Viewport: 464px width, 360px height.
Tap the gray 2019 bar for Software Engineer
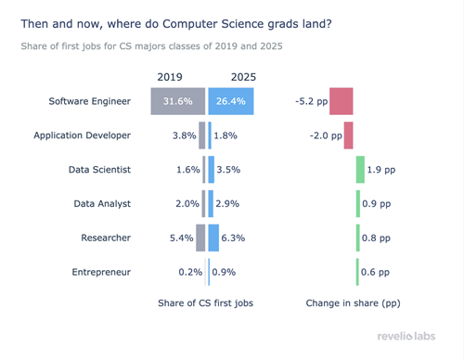point(177,101)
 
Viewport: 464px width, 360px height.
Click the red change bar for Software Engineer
point(341,101)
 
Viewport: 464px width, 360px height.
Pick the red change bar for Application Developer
point(349,135)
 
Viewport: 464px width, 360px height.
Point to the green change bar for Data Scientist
point(360,170)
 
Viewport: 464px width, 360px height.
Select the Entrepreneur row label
point(101,272)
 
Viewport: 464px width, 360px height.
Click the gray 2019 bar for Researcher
point(200,238)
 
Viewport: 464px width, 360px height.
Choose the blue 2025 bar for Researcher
point(213,238)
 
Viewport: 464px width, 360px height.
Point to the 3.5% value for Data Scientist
point(228,170)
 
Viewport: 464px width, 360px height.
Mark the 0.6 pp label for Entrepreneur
point(377,272)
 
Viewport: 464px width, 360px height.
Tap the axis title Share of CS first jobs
point(205,302)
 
